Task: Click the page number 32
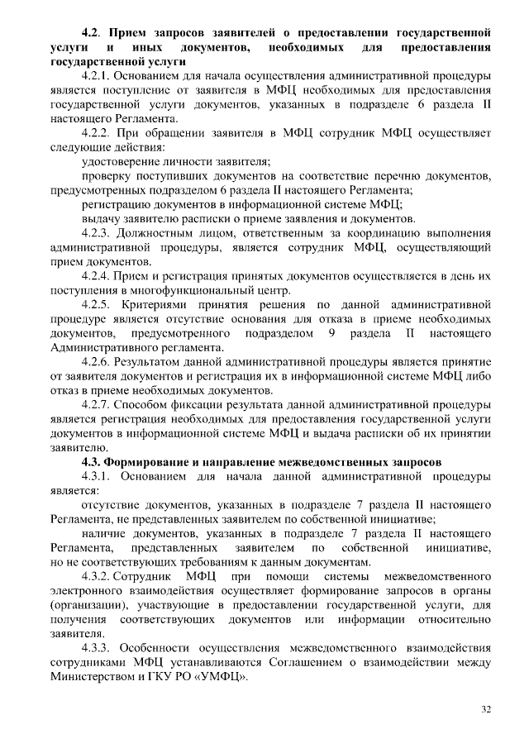click(486, 708)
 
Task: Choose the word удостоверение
click(125, 161)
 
